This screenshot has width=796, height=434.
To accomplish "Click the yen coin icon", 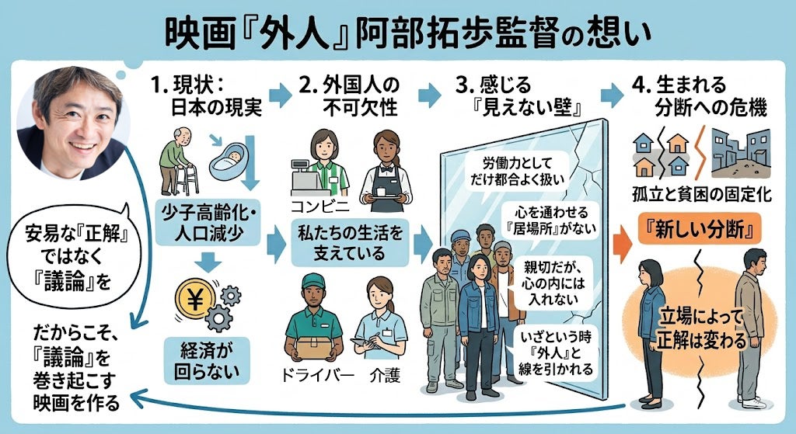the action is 195,300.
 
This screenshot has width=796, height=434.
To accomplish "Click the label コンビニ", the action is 319,206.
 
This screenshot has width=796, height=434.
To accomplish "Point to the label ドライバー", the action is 317,375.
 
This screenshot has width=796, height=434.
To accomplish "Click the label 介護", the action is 385,375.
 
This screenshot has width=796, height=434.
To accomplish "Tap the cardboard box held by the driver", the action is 314,348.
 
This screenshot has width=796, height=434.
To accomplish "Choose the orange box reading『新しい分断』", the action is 700,229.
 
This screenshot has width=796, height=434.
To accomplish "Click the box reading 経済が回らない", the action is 207,360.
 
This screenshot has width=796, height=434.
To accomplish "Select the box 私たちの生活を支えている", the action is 350,242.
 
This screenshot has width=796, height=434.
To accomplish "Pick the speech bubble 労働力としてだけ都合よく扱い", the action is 517,171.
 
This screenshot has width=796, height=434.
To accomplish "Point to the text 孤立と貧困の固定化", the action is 702,194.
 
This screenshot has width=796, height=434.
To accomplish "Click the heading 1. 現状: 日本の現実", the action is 207,95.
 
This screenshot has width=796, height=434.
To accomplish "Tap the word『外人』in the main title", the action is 302,34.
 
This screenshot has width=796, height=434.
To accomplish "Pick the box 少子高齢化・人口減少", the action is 208,223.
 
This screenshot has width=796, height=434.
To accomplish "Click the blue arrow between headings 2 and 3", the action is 429,95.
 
